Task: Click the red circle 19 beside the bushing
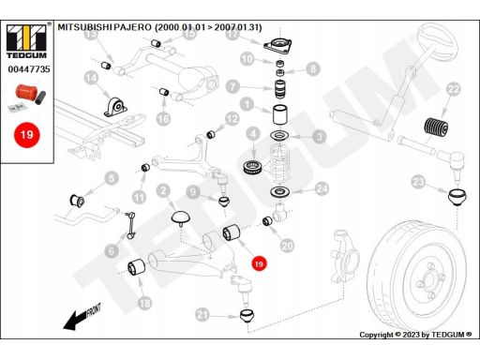[259, 263]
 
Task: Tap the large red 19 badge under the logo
[27, 135]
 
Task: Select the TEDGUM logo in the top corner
[26, 41]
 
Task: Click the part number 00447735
[29, 69]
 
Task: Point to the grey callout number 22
[454, 90]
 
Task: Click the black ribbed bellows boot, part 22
[436, 127]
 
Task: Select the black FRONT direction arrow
[82, 317]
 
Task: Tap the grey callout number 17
[232, 34]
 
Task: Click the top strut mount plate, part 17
[277, 47]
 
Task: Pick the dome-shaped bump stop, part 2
[180, 217]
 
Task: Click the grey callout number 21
[202, 315]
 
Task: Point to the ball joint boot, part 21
[247, 316]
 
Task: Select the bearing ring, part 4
[252, 168]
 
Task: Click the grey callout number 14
[91, 78]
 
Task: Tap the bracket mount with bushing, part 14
[115, 107]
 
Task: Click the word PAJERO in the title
[132, 27]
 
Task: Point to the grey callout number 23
[418, 181]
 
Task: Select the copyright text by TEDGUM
[415, 335]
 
